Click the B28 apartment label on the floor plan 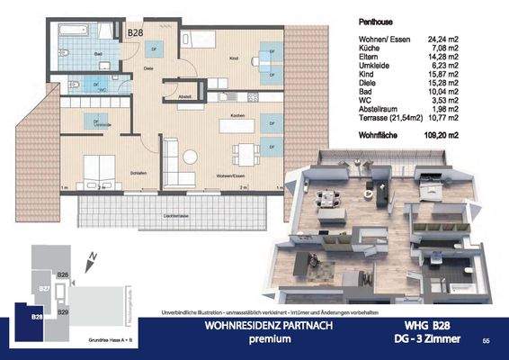pyautogui.click(x=135, y=33)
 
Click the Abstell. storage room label pyautogui.click(x=185, y=97)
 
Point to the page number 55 pyautogui.click(x=486, y=341)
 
